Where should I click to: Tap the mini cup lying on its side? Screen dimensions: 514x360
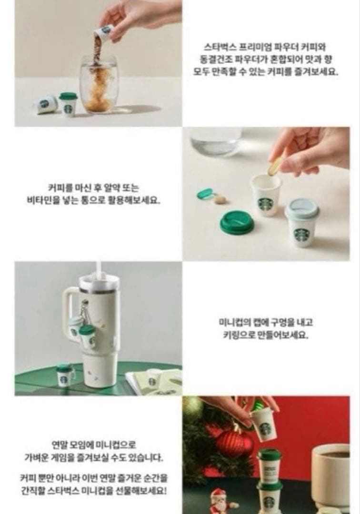pos(46,104)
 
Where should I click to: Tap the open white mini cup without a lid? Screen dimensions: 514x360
pos(266,194)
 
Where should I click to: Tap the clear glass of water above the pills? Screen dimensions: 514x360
pos(215,140)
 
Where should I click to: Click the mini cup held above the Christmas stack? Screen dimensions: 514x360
pos(264,424)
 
